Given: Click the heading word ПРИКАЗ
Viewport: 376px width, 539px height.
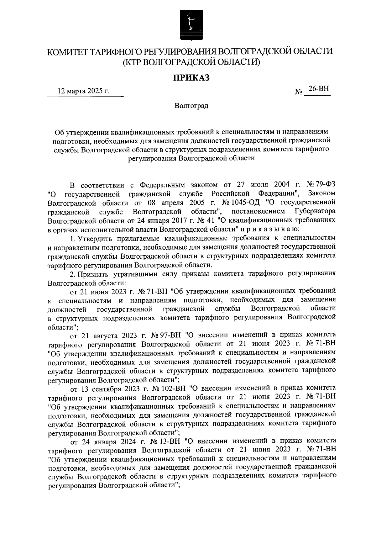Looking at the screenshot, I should pyautogui.click(x=191, y=77).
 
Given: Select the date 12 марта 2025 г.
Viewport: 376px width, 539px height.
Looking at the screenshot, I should pyautogui.click(x=84, y=92).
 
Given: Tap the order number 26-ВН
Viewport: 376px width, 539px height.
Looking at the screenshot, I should pyautogui.click(x=318, y=89).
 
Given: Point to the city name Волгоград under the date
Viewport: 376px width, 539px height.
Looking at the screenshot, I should pyautogui.click(x=191, y=106).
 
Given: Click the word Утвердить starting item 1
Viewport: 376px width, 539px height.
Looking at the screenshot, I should pyautogui.click(x=93, y=238).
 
